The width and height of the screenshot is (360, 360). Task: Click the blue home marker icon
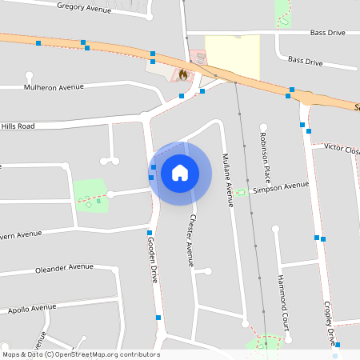pyautogui.click(x=180, y=172)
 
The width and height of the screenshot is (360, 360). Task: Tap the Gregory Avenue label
pyautogui.click(x=84, y=7)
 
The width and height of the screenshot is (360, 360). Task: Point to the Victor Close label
pyautogui.click(x=342, y=149)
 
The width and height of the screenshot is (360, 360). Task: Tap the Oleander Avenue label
pyautogui.click(x=64, y=268)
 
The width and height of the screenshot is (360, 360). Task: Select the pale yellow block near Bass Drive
pyautogui.click(x=232, y=56)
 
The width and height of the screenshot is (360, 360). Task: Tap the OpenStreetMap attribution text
pyautogui.click(x=81, y=354)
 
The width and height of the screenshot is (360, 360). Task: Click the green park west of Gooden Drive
pyautogui.click(x=90, y=194)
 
